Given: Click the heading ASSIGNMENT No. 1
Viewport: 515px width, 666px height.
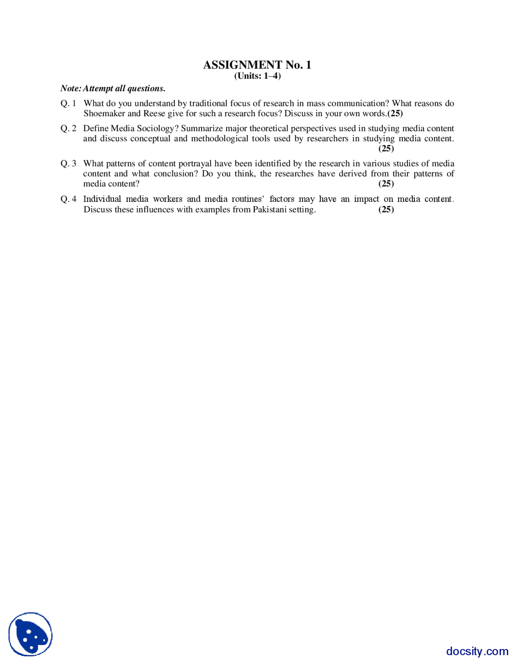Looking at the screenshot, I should (x=257, y=65).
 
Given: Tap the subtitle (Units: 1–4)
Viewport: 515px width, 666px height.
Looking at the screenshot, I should (x=257, y=76).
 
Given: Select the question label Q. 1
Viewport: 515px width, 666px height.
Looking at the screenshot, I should (x=68, y=103).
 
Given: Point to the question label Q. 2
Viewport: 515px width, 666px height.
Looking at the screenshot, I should (x=68, y=128).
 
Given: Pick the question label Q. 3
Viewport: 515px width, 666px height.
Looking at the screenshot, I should (x=68, y=163).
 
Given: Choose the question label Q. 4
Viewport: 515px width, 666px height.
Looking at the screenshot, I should (x=68, y=199).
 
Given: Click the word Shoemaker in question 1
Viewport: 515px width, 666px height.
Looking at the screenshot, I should (x=104, y=113).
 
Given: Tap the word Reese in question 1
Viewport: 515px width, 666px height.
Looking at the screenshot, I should (x=154, y=113).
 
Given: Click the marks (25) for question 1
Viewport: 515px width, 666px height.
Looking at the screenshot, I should (x=395, y=113).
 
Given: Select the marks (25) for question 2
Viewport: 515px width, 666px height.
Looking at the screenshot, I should (x=386, y=148).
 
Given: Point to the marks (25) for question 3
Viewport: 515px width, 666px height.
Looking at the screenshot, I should (x=386, y=184).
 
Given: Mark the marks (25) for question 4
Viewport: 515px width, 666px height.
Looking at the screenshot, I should (x=386, y=209).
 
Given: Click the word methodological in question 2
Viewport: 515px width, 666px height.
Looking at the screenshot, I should (x=220, y=139).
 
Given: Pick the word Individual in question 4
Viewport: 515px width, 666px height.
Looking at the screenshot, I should (x=102, y=199).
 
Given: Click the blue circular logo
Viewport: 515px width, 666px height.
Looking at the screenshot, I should (x=31, y=634).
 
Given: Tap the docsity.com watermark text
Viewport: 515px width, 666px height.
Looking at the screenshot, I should (x=477, y=651).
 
